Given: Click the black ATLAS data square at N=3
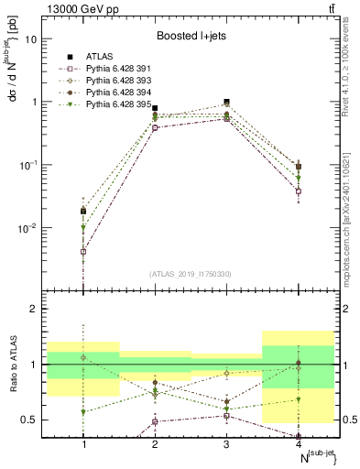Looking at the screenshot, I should pos(226,103).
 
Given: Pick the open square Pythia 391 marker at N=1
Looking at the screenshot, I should pos(83,251).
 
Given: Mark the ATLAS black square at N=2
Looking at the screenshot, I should pos(155,109).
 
